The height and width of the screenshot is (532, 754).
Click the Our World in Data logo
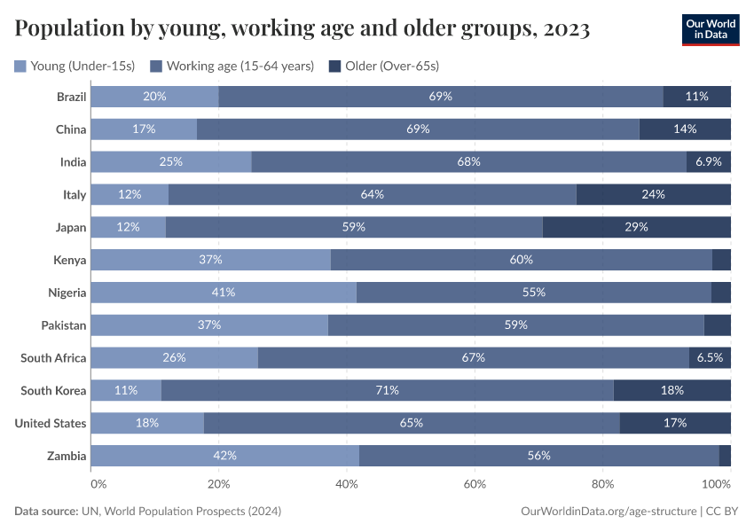711,29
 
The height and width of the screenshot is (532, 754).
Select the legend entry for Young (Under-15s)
75,66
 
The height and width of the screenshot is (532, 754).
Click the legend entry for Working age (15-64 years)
231,66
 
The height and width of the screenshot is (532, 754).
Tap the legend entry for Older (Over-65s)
383,66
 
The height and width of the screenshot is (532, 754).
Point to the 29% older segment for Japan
636,227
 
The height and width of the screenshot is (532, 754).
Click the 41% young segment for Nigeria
224,293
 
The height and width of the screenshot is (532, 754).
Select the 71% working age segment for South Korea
388,390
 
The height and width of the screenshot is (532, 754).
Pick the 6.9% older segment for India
708,161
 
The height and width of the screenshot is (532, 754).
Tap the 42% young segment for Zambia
225,456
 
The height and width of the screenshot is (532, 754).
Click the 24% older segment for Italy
653,194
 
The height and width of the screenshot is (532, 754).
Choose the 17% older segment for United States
675,423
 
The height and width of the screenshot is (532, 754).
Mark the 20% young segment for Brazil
155,97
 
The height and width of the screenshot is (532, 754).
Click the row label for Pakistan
64,325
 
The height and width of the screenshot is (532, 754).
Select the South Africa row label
54,358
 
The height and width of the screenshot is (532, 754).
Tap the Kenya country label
70,260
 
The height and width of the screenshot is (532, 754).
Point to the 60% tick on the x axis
475,484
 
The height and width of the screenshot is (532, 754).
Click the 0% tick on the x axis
98,484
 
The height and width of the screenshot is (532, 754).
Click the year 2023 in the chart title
568,30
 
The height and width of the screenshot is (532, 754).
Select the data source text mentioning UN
148,512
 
